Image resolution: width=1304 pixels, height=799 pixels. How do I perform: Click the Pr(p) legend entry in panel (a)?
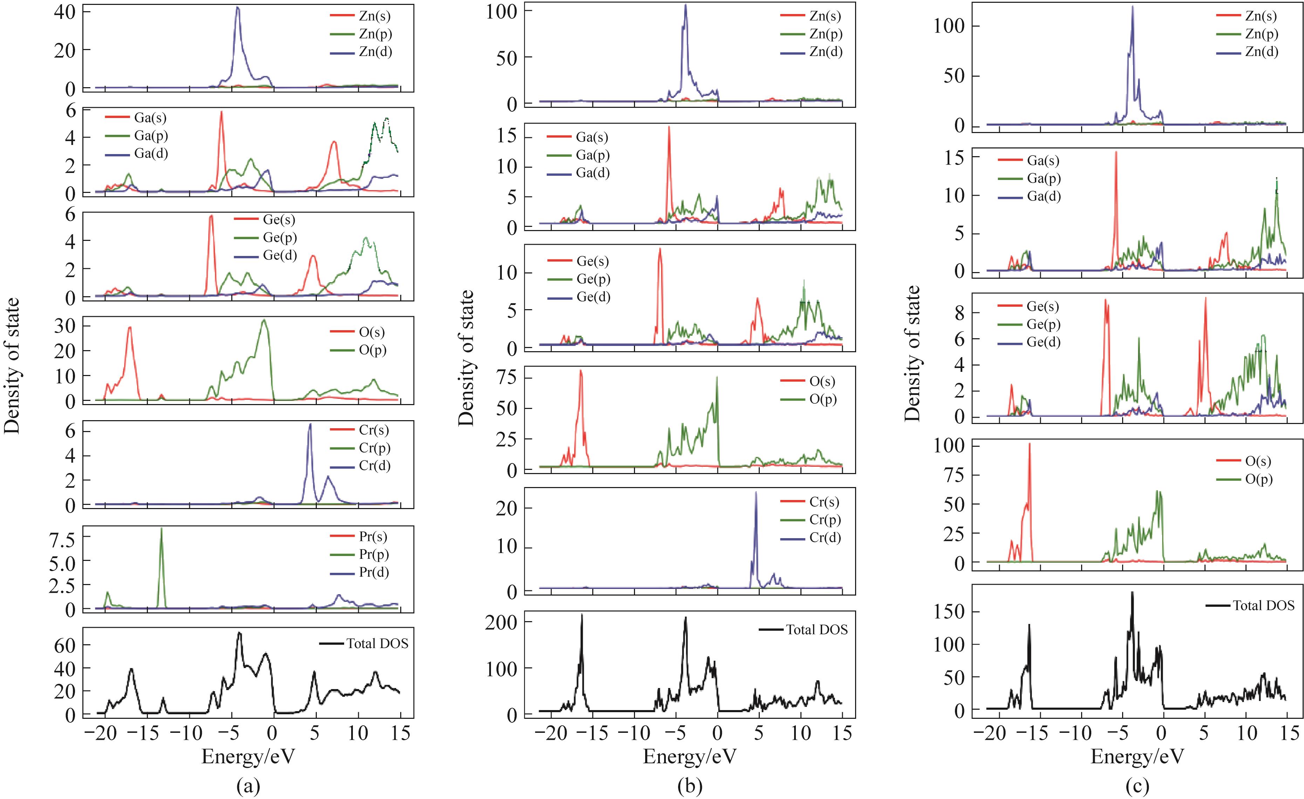(374, 554)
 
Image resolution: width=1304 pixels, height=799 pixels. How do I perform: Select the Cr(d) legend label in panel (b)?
(825, 538)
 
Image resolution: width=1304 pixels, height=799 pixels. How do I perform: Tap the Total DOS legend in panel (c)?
(1263, 605)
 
